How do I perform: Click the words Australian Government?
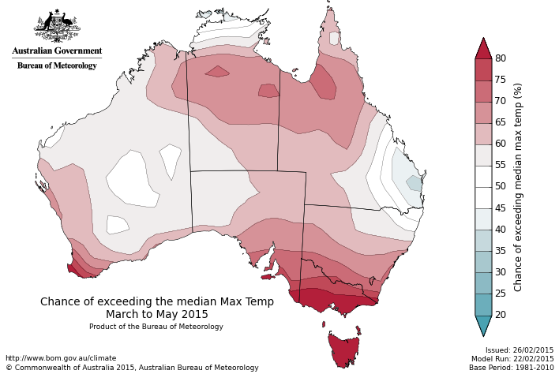pyautogui.click(x=57, y=51)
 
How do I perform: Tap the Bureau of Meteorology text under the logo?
pyautogui.click(x=57, y=65)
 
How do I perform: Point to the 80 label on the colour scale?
pyautogui.click(x=501, y=58)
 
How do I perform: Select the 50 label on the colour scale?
pyautogui.click(x=501, y=187)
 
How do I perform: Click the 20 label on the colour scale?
pyautogui.click(x=501, y=315)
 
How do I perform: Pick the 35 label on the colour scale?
pyautogui.click(x=501, y=251)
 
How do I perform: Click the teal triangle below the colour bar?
pyautogui.click(x=483, y=324)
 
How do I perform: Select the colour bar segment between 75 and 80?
pyautogui.click(x=483, y=69)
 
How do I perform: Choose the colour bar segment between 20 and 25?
pyautogui.click(x=483, y=305)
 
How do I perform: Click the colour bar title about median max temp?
pyautogui.click(x=519, y=187)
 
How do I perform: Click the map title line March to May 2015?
pyautogui.click(x=157, y=314)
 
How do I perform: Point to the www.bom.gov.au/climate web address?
pyautogui.click(x=61, y=358)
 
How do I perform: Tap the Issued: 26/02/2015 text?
pyautogui.click(x=520, y=350)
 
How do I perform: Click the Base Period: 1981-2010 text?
pyautogui.click(x=512, y=368)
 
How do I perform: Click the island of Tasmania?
pyautogui.click(x=343, y=350)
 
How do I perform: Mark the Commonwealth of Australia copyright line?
pyautogui.click(x=132, y=368)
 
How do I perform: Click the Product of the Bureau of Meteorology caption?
pyautogui.click(x=156, y=327)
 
